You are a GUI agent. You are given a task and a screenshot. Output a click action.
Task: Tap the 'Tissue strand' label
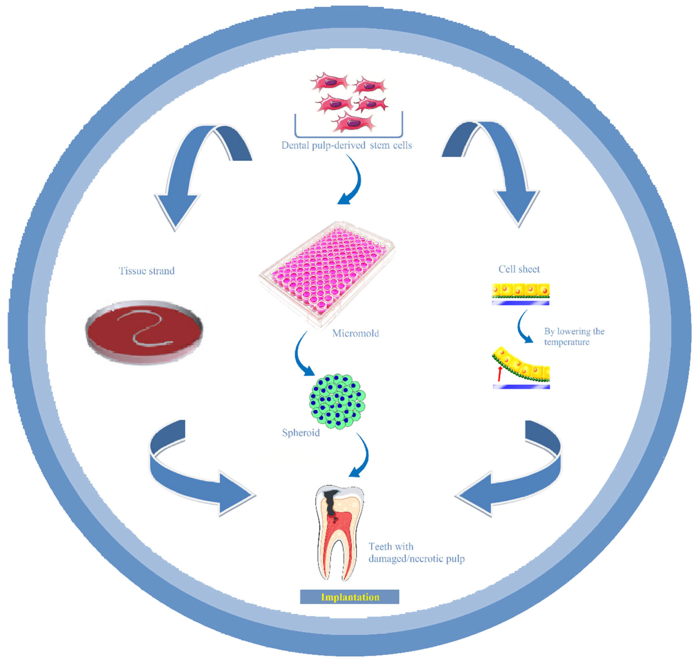point(146,271)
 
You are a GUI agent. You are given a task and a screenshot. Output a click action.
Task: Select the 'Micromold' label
point(355,333)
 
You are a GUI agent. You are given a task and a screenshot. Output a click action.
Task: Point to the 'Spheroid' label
point(301,433)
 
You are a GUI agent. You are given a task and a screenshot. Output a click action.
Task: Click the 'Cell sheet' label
point(519,269)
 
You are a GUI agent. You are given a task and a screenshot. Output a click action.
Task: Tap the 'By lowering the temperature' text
point(574,337)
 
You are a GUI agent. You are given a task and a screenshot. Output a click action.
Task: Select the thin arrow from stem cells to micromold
point(355,182)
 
